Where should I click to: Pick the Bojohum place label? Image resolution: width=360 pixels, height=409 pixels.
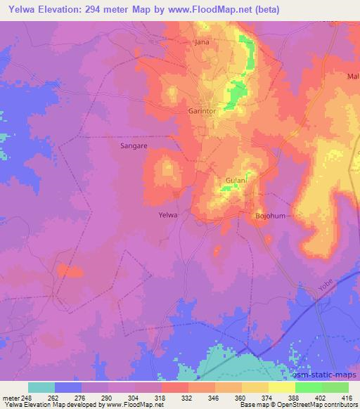coord(270,216)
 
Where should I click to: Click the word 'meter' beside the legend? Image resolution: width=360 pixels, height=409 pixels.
coord(10,397)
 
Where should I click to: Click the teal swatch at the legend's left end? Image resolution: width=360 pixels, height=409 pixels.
coord(41,387)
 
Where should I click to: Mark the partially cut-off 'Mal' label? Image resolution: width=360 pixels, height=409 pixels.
coord(353,76)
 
